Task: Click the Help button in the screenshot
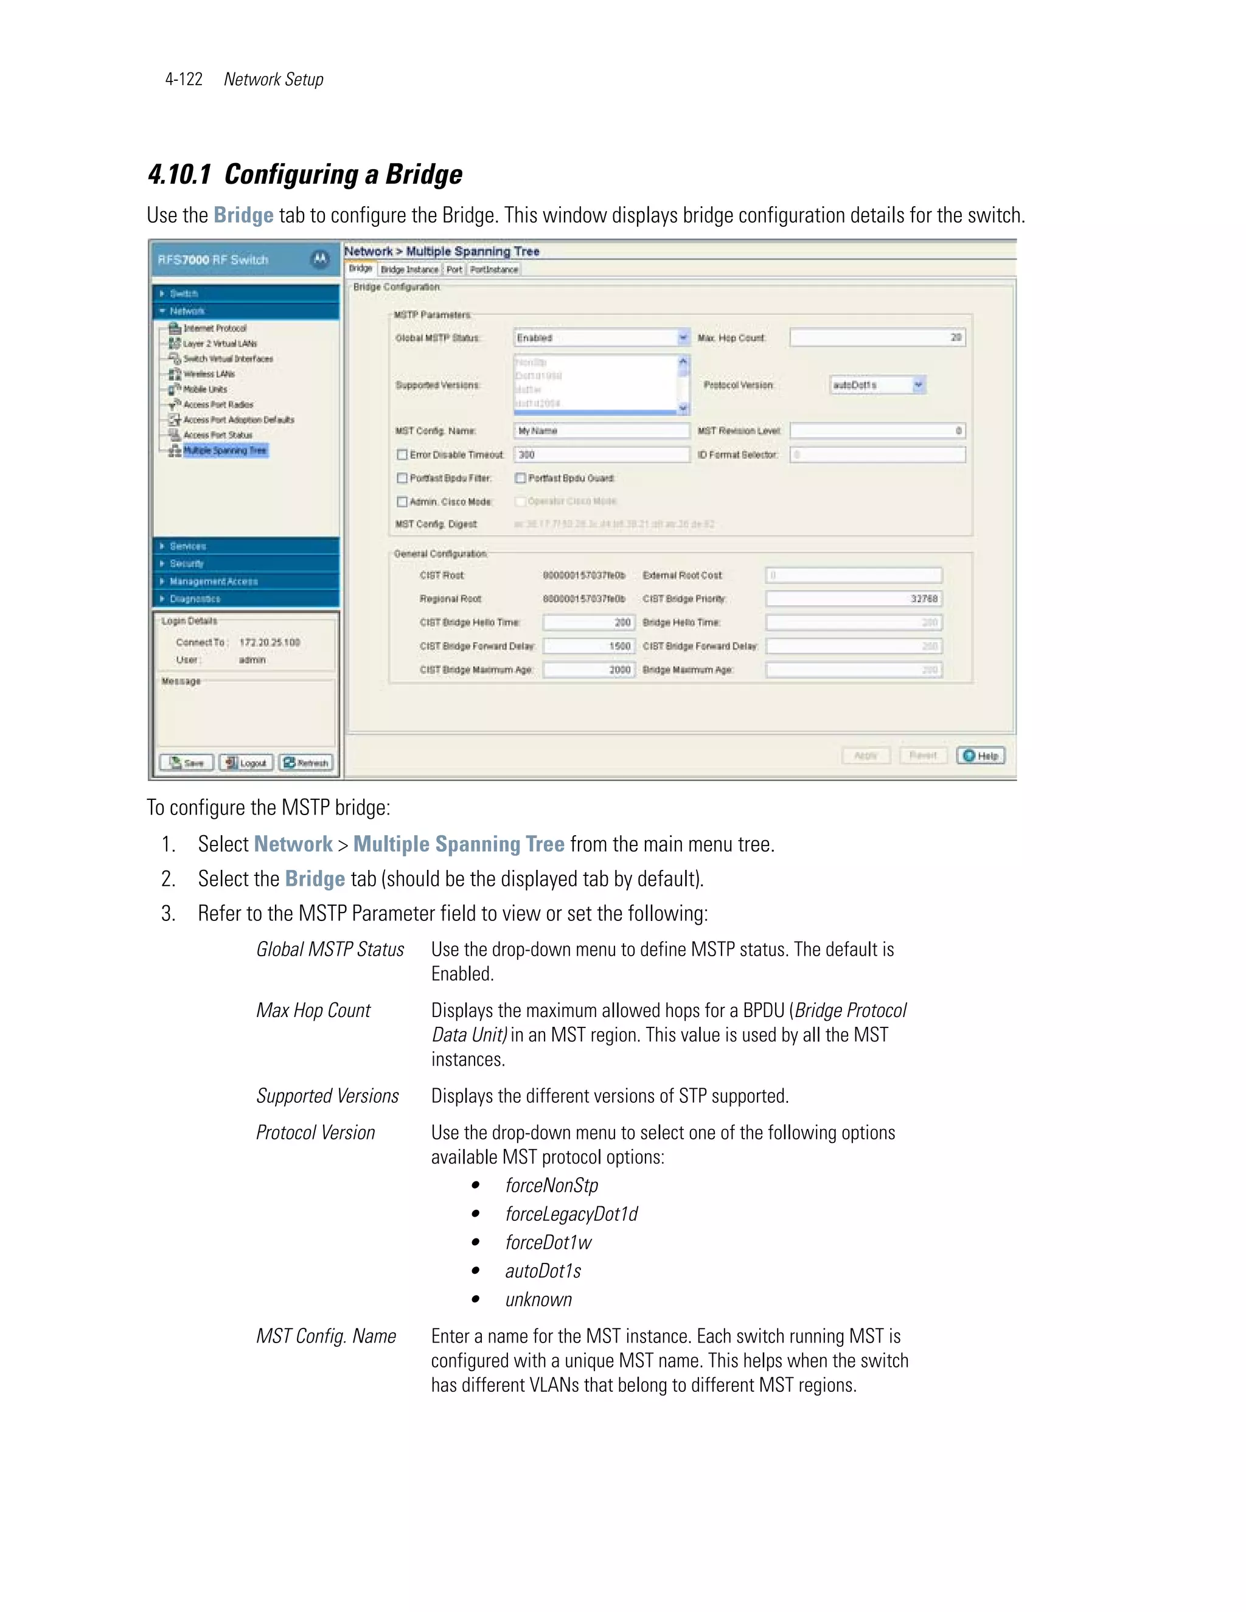980,756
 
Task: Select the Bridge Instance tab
409,270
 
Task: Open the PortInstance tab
494,270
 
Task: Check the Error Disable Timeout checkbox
402,454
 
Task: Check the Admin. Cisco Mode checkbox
402,502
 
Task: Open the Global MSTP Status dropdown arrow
683,338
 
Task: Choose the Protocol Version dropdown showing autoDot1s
877,385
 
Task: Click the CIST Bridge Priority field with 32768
854,599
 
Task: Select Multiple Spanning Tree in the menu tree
224,450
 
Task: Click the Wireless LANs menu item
208,374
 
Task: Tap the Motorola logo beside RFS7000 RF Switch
319,260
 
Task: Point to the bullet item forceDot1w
548,1243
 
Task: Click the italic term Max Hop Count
313,1010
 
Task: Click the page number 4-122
183,80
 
